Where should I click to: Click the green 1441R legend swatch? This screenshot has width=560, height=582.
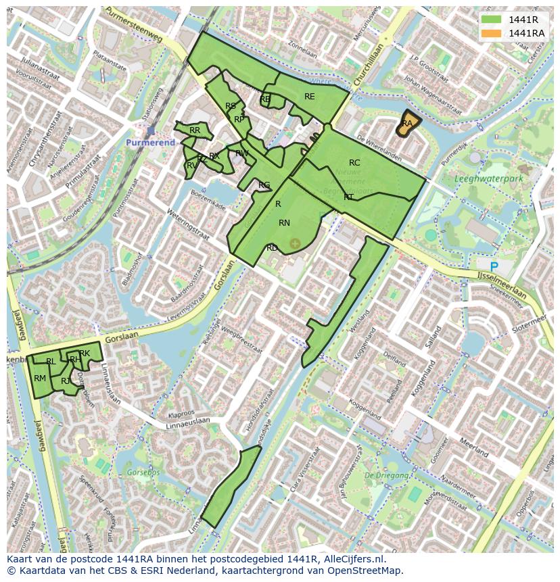(491, 19)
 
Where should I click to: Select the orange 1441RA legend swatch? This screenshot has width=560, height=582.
(491, 33)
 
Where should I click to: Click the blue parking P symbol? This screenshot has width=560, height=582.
(494, 267)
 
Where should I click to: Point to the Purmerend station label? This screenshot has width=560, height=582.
(150, 143)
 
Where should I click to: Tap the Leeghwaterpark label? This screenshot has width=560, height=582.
(489, 179)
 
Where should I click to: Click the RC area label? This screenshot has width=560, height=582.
(354, 163)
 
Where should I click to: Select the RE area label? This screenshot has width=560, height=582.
(309, 97)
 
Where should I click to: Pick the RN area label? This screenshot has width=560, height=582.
(284, 223)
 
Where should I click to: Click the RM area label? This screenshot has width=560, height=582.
(40, 379)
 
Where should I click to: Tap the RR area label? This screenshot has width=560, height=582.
(195, 130)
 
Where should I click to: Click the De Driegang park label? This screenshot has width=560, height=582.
(387, 475)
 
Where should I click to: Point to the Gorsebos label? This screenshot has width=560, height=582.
(143, 472)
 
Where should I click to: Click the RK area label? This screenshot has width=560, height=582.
(85, 354)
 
